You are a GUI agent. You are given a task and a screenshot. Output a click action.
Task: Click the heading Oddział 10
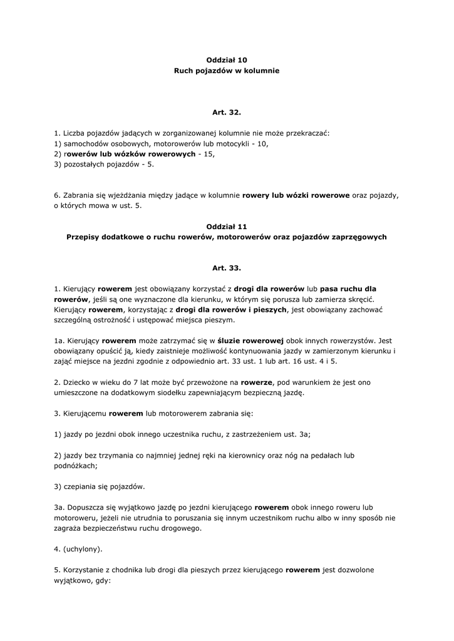227,60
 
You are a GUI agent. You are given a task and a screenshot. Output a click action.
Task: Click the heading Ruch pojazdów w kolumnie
227,71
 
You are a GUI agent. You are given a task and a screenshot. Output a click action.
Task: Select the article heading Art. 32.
227,113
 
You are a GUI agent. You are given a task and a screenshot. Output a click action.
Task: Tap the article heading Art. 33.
227,268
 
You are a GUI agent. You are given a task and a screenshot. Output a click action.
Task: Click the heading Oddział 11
227,226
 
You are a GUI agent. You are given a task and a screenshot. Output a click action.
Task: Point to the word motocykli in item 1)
231,143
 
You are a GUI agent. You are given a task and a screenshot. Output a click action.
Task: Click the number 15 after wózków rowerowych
209,154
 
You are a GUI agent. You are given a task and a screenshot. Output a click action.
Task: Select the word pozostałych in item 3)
85,164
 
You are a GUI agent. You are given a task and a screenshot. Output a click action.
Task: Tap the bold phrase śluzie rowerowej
249,340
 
